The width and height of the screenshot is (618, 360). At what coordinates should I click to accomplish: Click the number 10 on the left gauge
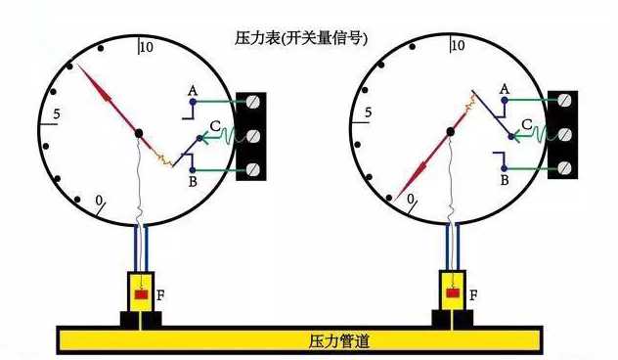[x=148, y=47]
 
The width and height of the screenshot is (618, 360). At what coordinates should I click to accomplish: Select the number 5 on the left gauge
[x=56, y=115]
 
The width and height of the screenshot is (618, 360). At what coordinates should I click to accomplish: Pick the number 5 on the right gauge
[x=368, y=114]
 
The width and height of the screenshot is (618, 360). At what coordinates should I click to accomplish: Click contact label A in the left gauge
[x=193, y=91]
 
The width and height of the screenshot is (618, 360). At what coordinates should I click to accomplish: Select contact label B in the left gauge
[x=193, y=181]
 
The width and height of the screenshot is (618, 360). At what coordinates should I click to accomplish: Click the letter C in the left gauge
[x=215, y=126]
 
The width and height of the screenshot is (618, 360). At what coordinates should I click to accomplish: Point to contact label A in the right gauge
[x=505, y=89]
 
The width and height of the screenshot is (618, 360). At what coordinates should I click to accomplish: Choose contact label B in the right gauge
[x=505, y=181]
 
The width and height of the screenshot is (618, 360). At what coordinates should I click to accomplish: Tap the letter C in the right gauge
[x=525, y=125]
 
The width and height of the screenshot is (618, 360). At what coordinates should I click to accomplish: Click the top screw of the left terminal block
[x=254, y=102]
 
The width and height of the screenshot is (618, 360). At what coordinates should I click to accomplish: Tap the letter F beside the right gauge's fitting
[x=473, y=293]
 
